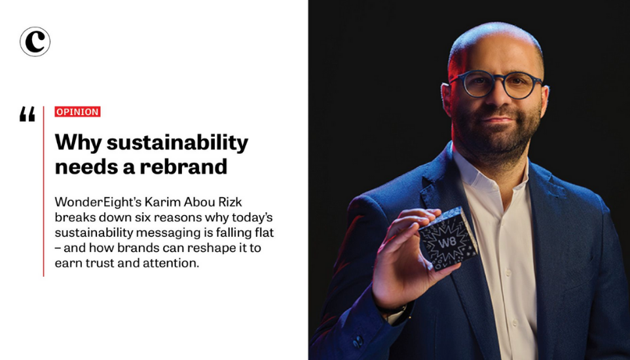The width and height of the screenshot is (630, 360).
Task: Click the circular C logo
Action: (x=35, y=41)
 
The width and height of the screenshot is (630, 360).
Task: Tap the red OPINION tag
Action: (x=77, y=112)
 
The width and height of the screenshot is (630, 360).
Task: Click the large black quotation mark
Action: (x=28, y=114)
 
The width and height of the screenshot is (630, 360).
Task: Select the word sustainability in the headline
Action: (x=177, y=143)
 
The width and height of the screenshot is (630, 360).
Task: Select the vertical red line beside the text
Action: (x=43, y=191)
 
